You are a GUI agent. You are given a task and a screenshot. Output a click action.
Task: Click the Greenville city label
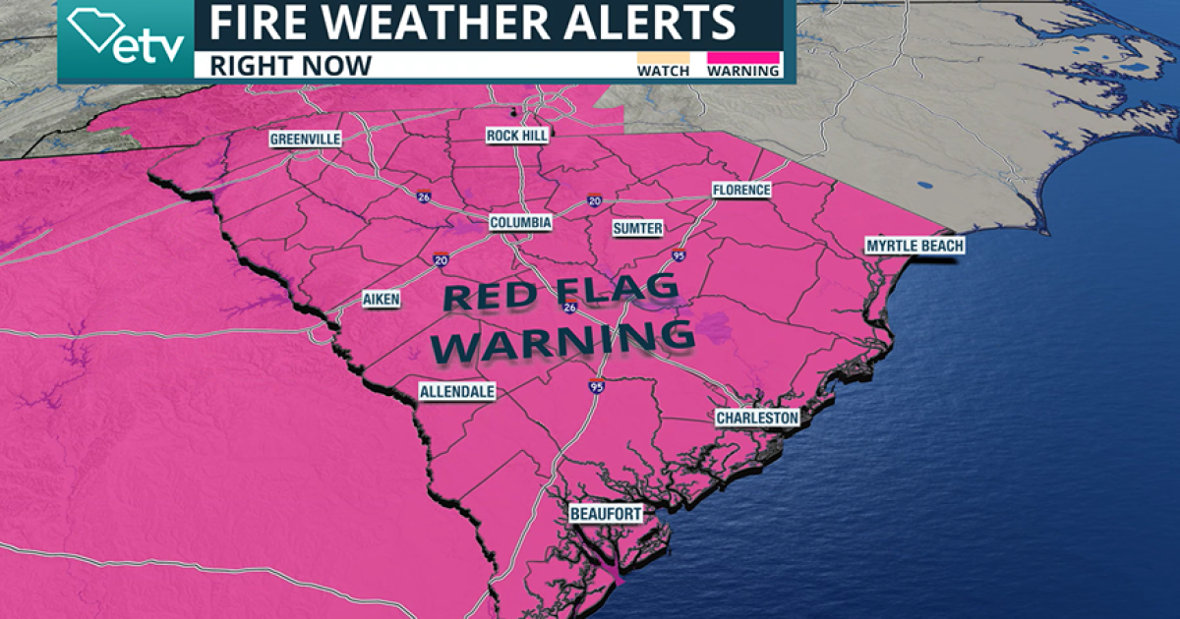tap(306, 140)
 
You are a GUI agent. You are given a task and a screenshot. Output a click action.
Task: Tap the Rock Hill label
tap(517, 136)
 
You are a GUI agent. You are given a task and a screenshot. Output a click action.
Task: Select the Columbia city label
tap(521, 223)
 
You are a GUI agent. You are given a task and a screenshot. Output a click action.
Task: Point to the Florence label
tap(741, 190)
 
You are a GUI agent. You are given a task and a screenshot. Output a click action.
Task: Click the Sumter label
tap(637, 228)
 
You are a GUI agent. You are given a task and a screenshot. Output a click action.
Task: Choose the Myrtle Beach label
tap(914, 246)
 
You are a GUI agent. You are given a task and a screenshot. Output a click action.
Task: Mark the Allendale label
tap(457, 392)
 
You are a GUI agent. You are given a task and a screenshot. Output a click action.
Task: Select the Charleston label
tap(757, 419)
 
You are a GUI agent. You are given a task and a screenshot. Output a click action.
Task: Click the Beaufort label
tap(606, 514)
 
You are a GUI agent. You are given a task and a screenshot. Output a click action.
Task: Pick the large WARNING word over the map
tap(565, 340)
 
